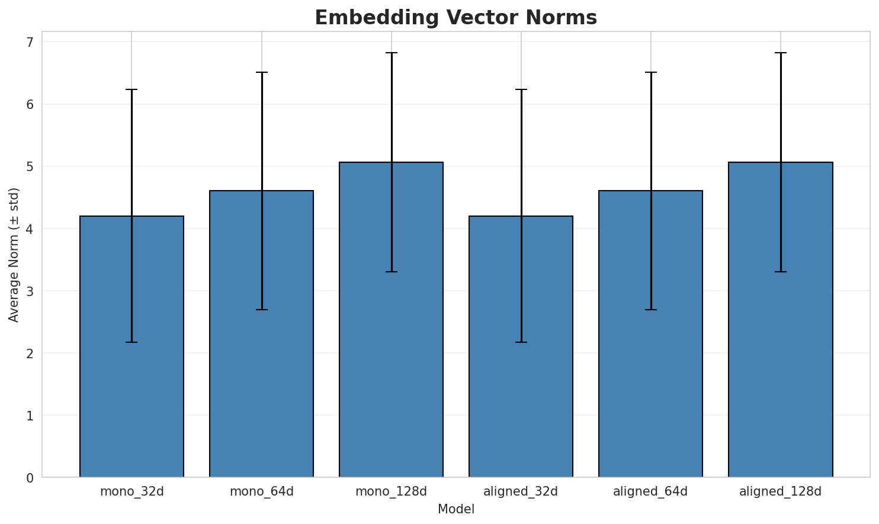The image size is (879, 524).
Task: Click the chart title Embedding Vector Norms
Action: click(455, 18)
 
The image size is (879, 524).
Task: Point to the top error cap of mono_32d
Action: click(131, 89)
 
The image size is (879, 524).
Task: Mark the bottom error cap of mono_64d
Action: click(261, 310)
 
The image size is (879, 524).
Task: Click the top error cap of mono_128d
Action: click(391, 53)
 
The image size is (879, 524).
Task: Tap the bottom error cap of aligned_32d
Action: click(521, 342)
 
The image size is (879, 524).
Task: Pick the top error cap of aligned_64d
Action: click(650, 72)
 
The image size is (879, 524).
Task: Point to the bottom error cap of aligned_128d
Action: click(780, 272)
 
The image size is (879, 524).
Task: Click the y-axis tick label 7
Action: click(30, 42)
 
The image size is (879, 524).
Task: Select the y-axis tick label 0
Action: click(30, 478)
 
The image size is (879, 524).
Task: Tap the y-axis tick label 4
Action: click(30, 229)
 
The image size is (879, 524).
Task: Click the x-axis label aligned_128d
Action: click(780, 491)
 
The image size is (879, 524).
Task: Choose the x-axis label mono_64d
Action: click(261, 491)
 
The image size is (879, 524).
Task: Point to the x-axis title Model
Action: click(455, 510)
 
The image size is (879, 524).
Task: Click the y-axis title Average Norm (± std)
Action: click(14, 255)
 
